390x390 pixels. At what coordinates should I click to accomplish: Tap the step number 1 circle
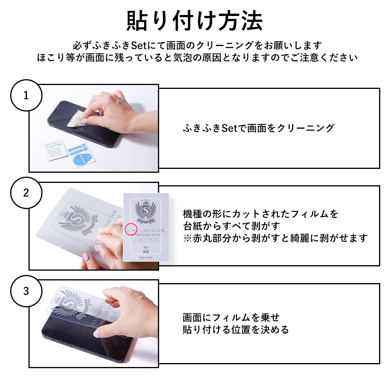[x=26, y=96]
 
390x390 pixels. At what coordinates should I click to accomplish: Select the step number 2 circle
[x=26, y=193]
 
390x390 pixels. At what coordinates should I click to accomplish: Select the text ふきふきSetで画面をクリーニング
[x=259, y=128]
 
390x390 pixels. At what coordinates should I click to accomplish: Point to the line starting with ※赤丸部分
[x=275, y=238]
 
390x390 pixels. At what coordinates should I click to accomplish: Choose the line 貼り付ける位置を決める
[x=236, y=330]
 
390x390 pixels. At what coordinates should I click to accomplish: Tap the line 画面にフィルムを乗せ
[x=231, y=317]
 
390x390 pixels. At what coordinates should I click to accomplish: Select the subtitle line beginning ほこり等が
[x=195, y=58]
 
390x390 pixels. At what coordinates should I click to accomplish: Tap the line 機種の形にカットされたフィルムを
[x=261, y=214]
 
